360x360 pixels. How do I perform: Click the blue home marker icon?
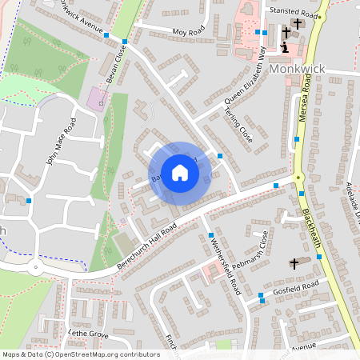point(180,172)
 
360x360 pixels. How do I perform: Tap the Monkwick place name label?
point(298,70)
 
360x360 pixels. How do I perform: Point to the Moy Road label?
point(188,31)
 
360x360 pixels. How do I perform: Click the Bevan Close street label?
point(117,63)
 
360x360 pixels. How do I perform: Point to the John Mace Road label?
point(61,141)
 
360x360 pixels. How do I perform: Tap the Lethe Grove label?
point(88,333)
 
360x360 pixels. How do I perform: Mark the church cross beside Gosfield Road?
point(293,262)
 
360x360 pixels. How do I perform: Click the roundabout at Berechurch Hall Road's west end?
point(34,269)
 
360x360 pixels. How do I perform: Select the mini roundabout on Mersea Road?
point(298,178)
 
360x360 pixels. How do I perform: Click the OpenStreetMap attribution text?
point(81,354)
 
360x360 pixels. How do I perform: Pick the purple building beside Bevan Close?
point(97,99)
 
